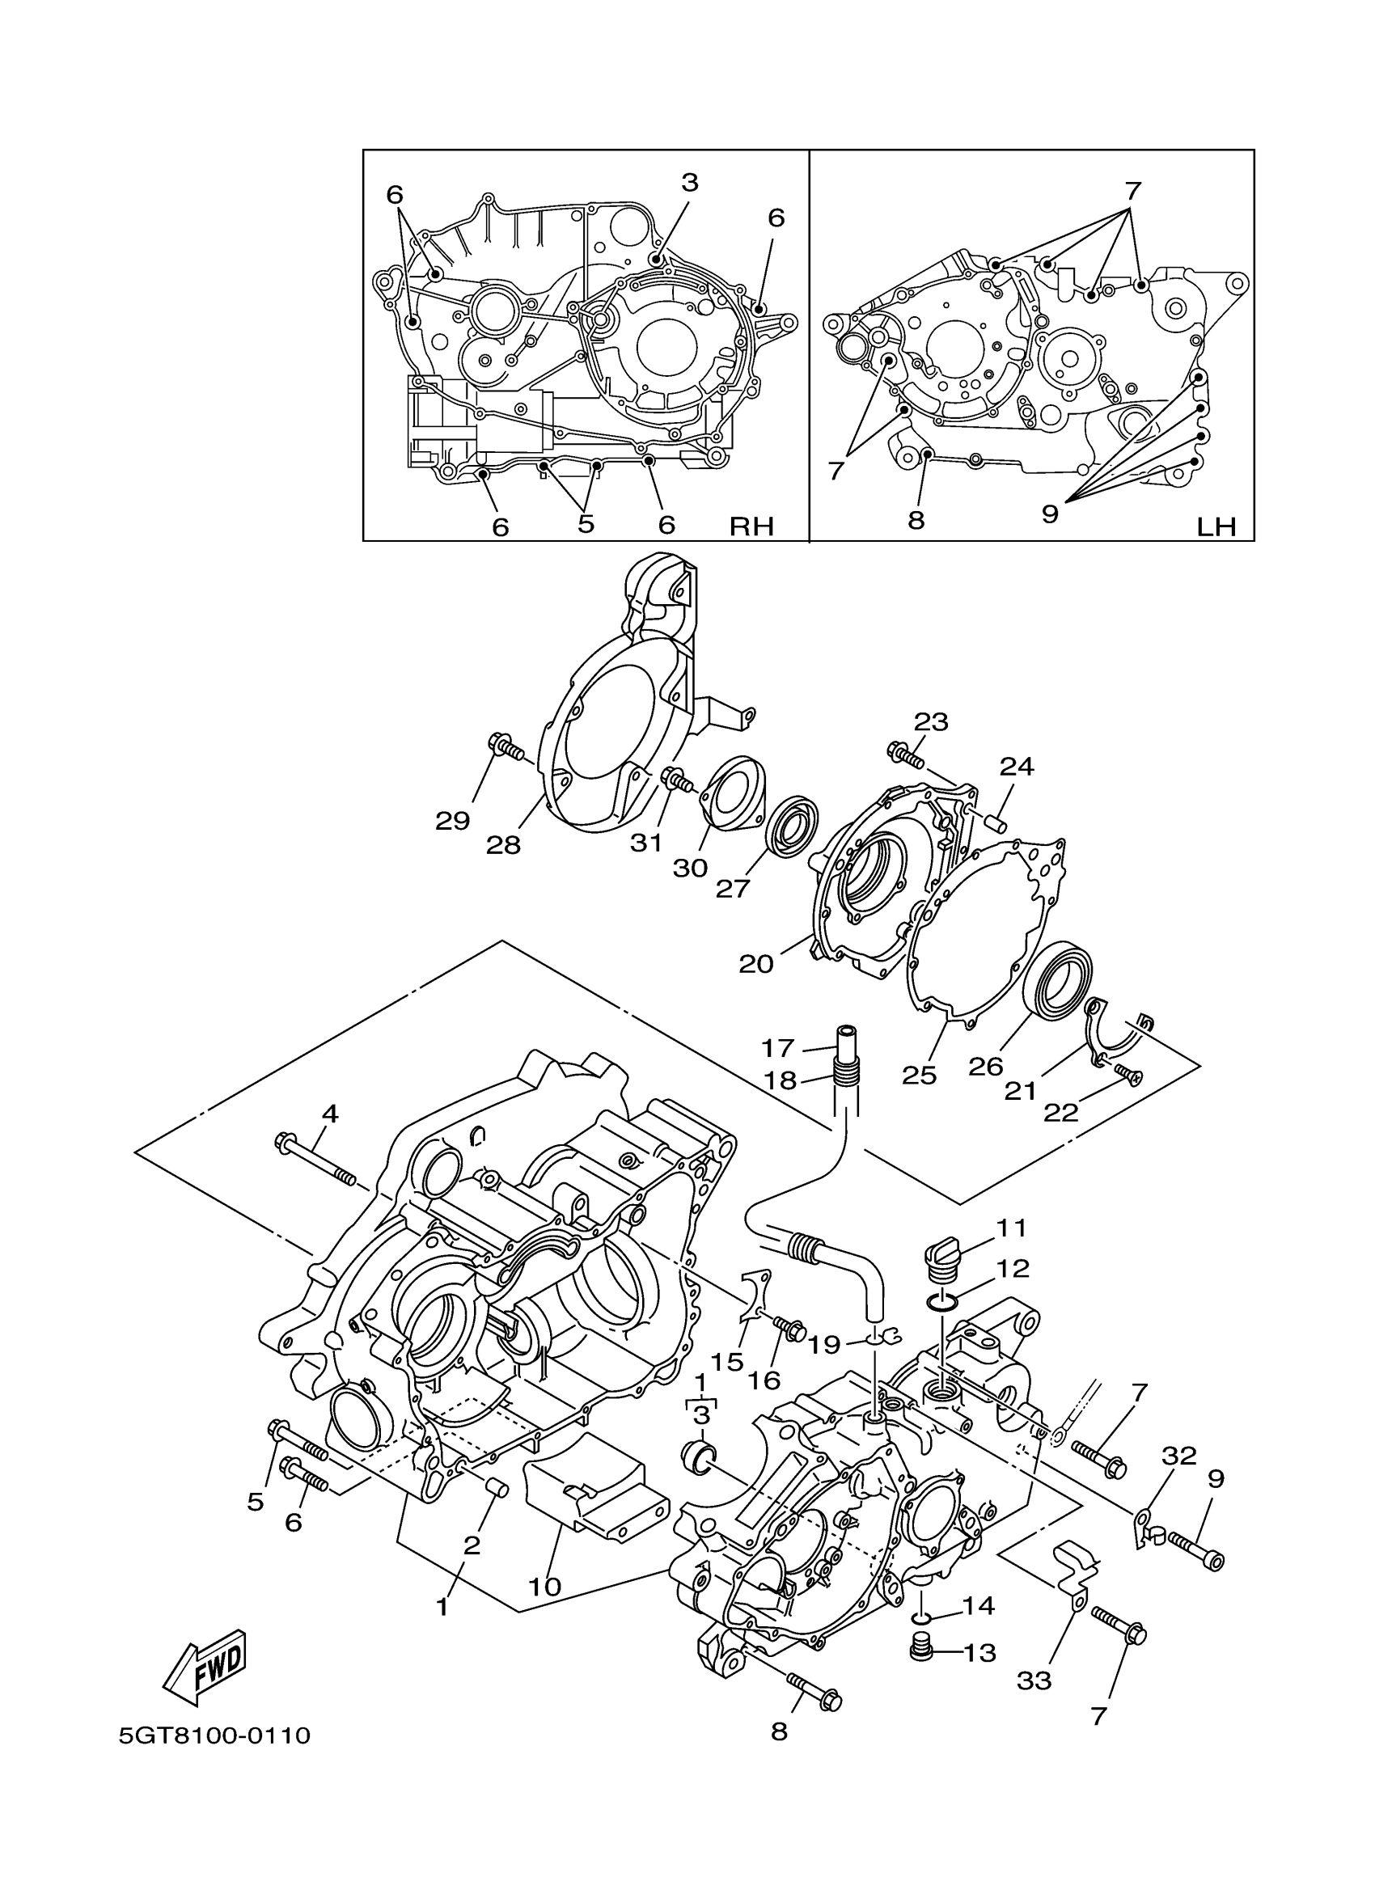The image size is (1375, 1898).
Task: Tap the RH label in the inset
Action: click(x=751, y=526)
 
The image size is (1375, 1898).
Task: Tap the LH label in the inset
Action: click(x=1216, y=526)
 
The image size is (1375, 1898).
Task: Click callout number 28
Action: click(x=504, y=845)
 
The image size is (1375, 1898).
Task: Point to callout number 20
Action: click(x=755, y=964)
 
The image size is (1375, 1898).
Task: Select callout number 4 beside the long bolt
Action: click(x=330, y=1114)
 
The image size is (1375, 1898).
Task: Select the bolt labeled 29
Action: click(x=503, y=747)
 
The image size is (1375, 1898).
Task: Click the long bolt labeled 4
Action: click(x=315, y=1160)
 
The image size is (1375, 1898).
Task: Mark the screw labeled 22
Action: click(x=1129, y=1076)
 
